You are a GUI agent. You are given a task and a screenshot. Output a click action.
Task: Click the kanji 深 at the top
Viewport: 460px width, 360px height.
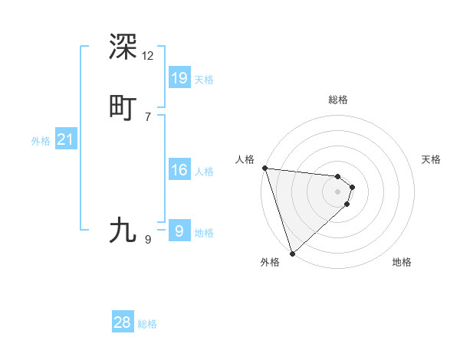(x=123, y=47)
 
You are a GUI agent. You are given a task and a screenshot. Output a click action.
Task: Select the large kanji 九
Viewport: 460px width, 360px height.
(x=123, y=230)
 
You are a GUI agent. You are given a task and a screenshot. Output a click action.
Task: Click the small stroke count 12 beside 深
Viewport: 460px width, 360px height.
(x=147, y=56)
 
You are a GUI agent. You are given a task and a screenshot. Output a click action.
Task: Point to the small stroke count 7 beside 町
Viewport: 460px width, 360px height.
(x=147, y=117)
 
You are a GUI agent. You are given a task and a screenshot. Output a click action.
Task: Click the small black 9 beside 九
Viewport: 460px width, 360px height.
(x=147, y=240)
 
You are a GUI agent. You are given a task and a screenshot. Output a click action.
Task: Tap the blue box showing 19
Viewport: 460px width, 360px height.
(x=179, y=78)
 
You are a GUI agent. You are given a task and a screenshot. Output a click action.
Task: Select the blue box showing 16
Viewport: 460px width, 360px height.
(x=179, y=170)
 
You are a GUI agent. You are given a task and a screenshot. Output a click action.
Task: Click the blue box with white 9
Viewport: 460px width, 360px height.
(x=179, y=231)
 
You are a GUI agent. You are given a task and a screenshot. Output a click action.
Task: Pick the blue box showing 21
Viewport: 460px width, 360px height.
(x=65, y=139)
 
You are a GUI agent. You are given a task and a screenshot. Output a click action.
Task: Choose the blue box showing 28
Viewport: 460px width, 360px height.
(x=123, y=322)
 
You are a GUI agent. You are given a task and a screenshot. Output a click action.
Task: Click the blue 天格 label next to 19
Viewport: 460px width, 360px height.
(x=204, y=80)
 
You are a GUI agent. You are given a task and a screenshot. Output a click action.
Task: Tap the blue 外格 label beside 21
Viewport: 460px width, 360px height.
(x=41, y=141)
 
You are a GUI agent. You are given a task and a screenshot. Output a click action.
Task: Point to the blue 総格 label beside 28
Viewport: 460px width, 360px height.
(x=147, y=324)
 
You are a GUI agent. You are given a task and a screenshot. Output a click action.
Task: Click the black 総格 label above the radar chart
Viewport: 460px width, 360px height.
(x=338, y=100)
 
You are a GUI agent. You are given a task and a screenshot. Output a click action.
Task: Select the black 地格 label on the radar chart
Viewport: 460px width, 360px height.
(x=402, y=262)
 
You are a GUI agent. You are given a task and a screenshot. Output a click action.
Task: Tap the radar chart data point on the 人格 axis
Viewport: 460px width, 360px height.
(x=264, y=168)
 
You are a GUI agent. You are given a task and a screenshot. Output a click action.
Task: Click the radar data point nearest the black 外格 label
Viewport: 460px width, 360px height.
(x=292, y=253)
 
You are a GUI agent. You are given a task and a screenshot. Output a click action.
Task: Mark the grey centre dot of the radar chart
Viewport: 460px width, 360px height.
(x=337, y=191)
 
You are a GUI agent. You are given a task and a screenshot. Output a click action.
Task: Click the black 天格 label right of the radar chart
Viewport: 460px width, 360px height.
(x=432, y=159)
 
